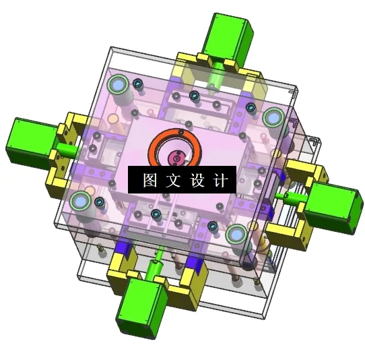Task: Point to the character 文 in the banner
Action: click(x=172, y=181)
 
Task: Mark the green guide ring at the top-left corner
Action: click(x=119, y=85)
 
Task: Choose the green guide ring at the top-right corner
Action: click(x=273, y=118)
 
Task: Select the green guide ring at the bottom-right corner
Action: click(x=236, y=235)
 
